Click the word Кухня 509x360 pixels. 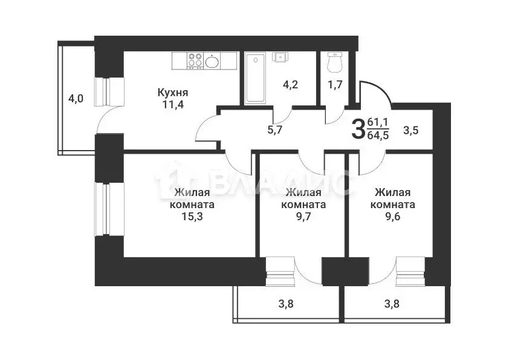pos(173,93)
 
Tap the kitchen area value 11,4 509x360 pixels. pos(173,104)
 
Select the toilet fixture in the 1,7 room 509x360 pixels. pos(335,62)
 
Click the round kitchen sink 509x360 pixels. pos(212,61)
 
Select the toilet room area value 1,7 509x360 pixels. pos(335,85)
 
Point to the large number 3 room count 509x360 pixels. pos(358,128)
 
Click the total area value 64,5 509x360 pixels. pos(378,134)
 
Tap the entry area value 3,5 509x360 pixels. pos(411,129)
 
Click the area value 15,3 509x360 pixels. pos(193,215)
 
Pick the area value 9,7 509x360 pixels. pos(303,215)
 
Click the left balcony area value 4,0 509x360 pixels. pos(76,98)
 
